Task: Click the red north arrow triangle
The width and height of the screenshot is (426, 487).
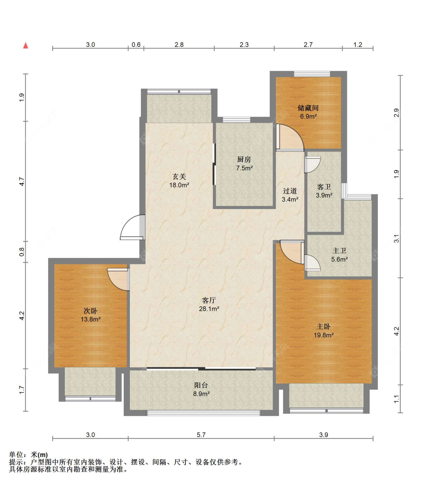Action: pyautogui.click(x=25, y=45)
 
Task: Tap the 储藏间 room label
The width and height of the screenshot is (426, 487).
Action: pyautogui.click(x=308, y=108)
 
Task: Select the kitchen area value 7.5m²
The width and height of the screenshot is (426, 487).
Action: pyautogui.click(x=244, y=168)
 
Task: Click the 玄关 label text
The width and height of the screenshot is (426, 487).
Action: pyautogui.click(x=179, y=176)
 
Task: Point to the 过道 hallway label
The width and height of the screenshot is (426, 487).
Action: pyautogui.click(x=290, y=191)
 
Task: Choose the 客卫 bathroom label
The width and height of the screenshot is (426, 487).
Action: pyautogui.click(x=324, y=187)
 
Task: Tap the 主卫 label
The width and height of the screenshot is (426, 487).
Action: pyautogui.click(x=339, y=251)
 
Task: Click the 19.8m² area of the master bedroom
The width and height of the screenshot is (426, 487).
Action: pyautogui.click(x=324, y=335)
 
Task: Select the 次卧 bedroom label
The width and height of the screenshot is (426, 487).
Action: pyautogui.click(x=91, y=311)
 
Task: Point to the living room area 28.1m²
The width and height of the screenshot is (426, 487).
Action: pyautogui.click(x=209, y=309)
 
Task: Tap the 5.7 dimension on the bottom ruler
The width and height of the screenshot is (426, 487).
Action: pyautogui.click(x=201, y=435)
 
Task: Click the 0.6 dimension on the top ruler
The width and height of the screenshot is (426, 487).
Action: pyautogui.click(x=136, y=45)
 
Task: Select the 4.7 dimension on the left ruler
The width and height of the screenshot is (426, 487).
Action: pyautogui.click(x=22, y=181)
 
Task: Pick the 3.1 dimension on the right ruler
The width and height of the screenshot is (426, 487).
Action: pyautogui.click(x=396, y=238)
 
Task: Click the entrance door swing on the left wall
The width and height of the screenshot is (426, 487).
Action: pyautogui.click(x=132, y=227)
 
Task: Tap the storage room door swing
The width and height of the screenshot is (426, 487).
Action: pyautogui.click(x=290, y=137)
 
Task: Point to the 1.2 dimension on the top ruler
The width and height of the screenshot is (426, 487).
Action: pyautogui.click(x=358, y=45)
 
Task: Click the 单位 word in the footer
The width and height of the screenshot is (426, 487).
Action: pyautogui.click(x=16, y=455)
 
